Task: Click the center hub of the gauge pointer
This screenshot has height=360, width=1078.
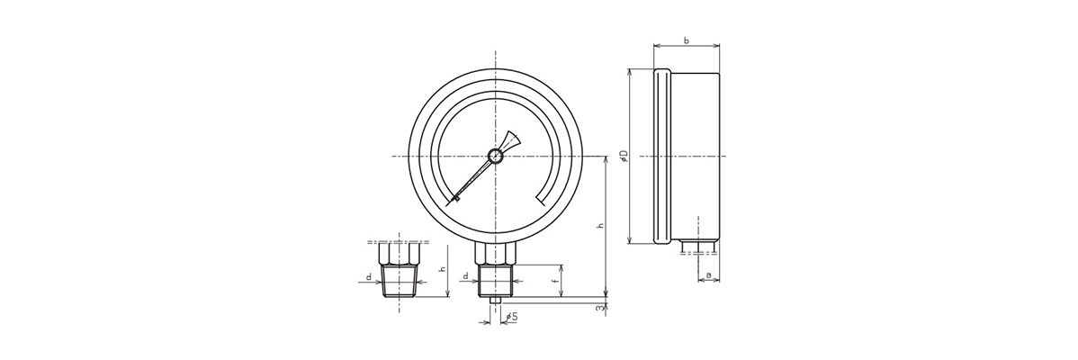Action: click(494, 157)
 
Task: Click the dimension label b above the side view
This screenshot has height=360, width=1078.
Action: click(687, 40)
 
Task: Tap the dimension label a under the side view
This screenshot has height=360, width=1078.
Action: click(709, 274)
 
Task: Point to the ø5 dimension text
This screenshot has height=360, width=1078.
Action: click(511, 317)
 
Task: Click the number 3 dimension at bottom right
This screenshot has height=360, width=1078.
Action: click(599, 309)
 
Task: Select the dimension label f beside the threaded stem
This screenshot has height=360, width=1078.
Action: click(554, 280)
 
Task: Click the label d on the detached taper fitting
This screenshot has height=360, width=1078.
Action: click(369, 276)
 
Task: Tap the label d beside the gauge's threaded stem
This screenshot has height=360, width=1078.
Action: click(465, 276)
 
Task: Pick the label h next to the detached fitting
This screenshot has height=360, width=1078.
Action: click(441, 269)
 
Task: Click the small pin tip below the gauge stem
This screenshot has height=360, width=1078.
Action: click(494, 300)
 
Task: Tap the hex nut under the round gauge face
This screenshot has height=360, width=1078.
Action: click(494, 254)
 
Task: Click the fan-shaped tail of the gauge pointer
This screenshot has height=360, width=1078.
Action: click(510, 139)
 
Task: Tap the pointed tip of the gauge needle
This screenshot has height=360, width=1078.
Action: click(455, 199)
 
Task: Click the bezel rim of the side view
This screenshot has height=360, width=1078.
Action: click(661, 157)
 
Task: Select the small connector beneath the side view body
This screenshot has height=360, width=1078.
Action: click(698, 245)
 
